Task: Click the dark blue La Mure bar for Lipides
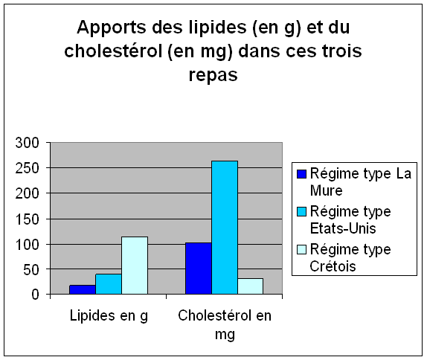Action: click(x=83, y=289)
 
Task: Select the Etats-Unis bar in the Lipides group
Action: click(x=109, y=284)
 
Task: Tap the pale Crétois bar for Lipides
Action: click(x=135, y=266)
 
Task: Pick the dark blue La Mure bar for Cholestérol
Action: click(x=199, y=269)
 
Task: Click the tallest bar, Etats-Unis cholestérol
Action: click(x=225, y=228)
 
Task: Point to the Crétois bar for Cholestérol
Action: click(x=251, y=286)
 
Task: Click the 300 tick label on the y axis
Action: click(x=28, y=143)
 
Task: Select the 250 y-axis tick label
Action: click(x=28, y=168)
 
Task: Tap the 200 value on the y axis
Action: click(x=28, y=193)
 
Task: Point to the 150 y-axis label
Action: click(x=28, y=219)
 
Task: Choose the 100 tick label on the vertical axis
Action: click(x=28, y=244)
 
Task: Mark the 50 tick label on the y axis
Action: click(x=31, y=269)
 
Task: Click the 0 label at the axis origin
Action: click(x=36, y=295)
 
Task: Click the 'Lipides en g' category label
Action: click(x=109, y=316)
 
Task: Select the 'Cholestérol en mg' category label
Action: click(x=225, y=324)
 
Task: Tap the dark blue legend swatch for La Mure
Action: click(x=302, y=174)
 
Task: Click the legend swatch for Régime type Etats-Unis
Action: click(x=302, y=211)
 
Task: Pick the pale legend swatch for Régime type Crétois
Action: click(x=302, y=249)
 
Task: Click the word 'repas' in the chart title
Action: click(x=213, y=75)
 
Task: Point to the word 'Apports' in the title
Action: click(x=112, y=28)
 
